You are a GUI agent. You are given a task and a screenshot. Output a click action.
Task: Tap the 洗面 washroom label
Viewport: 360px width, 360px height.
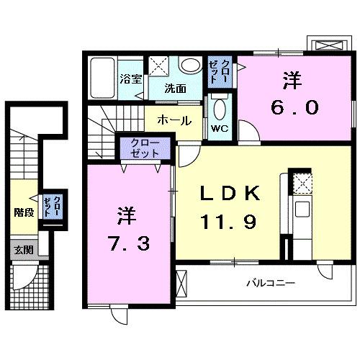[x=175, y=89]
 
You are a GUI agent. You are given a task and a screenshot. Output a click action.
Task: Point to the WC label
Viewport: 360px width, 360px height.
[x=219, y=130]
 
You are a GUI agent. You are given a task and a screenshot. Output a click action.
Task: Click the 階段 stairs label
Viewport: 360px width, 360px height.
[x=24, y=212]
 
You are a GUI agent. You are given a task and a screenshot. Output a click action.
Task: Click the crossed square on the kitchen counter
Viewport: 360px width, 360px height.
[x=302, y=185]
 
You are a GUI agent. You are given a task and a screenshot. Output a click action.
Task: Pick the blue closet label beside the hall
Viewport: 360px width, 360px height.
[x=145, y=149]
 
